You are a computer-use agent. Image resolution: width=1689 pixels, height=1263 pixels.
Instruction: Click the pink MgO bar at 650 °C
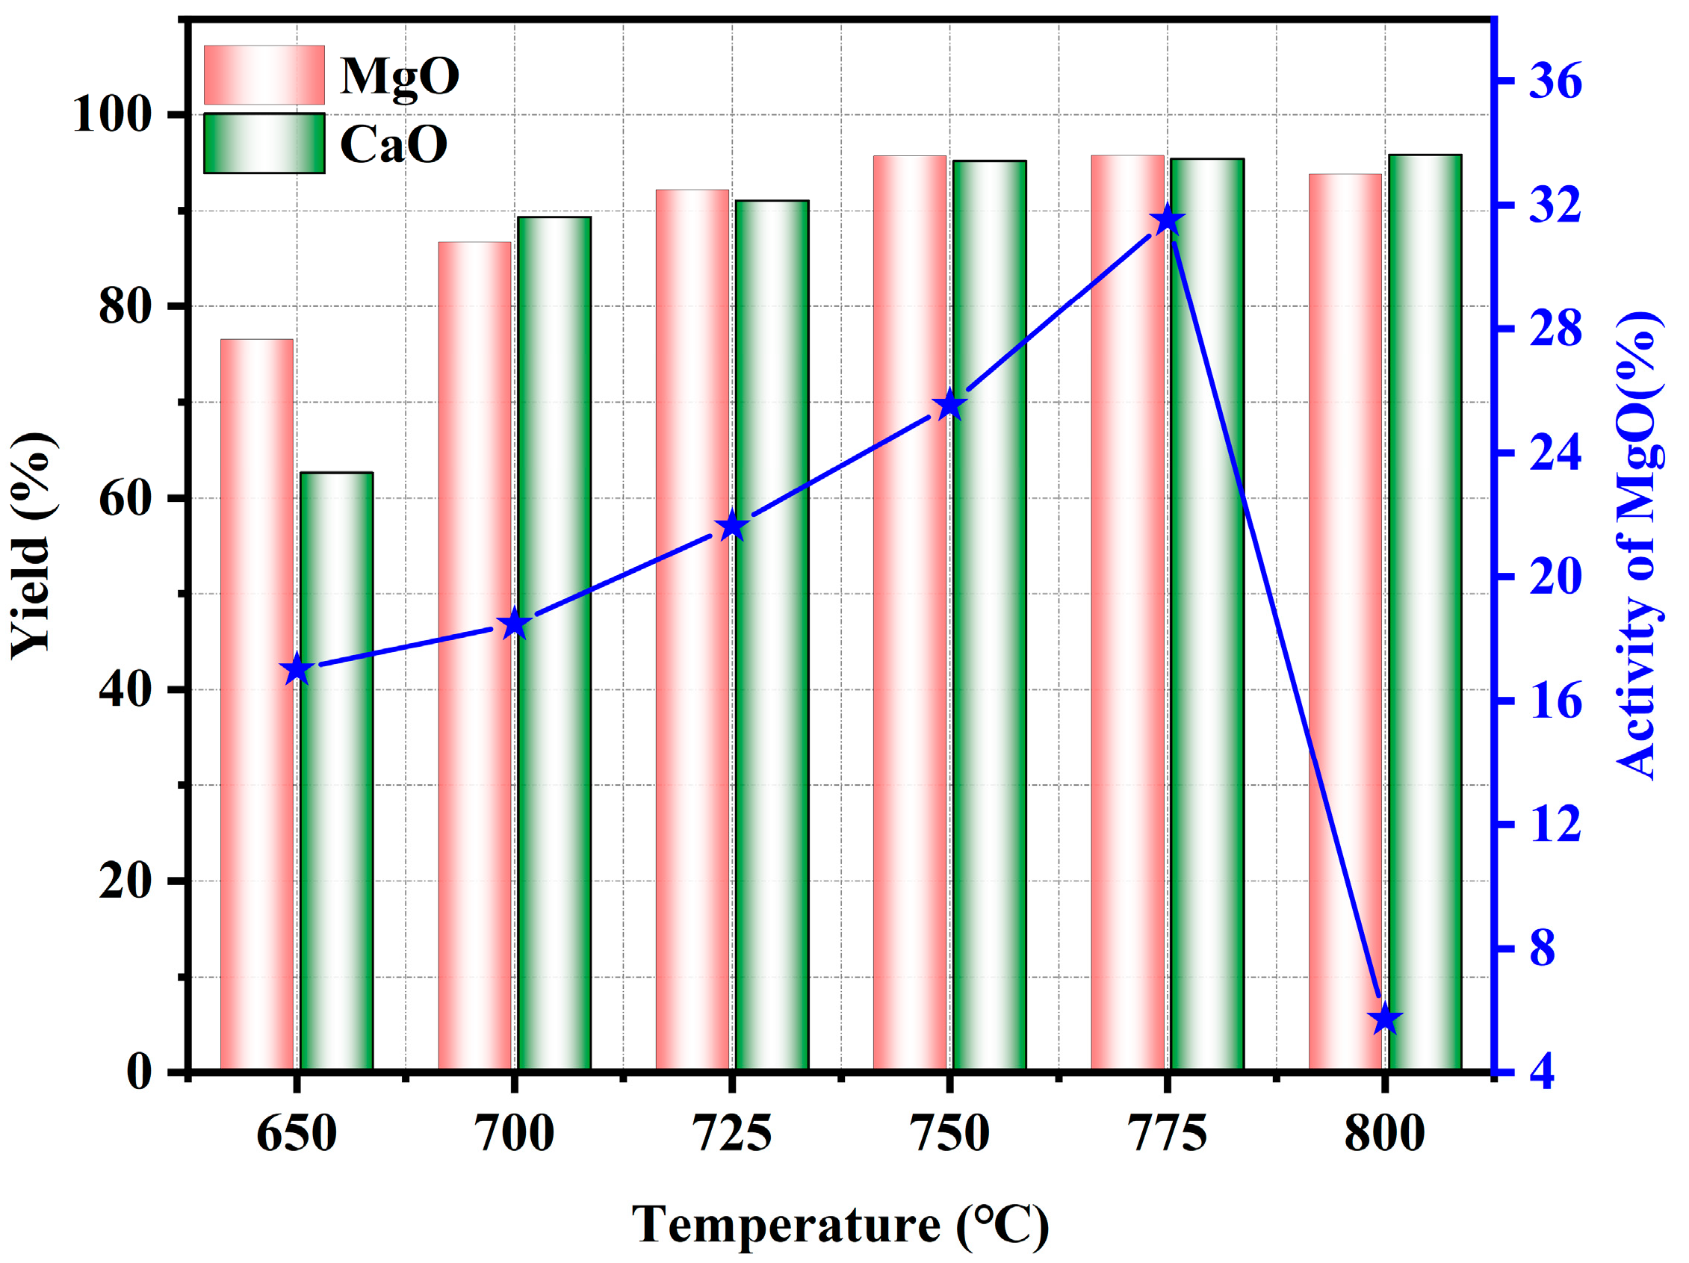pos(256,703)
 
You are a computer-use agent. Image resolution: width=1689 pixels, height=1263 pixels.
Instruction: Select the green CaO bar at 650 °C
pos(336,772)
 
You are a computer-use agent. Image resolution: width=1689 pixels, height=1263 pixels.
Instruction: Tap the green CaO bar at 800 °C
pos(1425,611)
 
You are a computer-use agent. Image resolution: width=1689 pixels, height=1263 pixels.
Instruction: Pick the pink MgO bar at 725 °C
pos(692,626)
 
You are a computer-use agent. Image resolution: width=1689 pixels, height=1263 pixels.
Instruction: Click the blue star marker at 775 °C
pos(1168,221)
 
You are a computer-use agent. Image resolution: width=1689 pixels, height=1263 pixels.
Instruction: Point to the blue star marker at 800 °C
pos(1385,1020)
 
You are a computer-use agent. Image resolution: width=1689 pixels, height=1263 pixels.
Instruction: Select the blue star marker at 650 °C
pos(297,671)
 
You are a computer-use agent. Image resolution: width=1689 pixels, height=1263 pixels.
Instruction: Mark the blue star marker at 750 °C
pos(950,406)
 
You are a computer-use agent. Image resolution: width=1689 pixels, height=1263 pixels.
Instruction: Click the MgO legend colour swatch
pos(264,75)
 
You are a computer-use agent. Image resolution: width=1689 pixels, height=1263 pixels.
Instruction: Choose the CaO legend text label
pos(393,143)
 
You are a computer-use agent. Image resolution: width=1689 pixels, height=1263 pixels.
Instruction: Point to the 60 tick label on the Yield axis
pos(124,500)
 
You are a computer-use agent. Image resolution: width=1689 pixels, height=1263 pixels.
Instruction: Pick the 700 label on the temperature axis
pos(514,1133)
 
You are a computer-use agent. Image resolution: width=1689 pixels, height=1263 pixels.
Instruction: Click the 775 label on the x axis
pos(1168,1133)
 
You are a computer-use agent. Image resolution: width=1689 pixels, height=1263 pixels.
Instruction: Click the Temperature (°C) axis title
pos(840,1225)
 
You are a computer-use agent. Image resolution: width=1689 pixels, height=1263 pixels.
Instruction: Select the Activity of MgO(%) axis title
pos(1639,545)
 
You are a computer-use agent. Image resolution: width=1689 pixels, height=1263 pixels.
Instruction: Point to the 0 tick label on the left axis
pos(139,1072)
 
